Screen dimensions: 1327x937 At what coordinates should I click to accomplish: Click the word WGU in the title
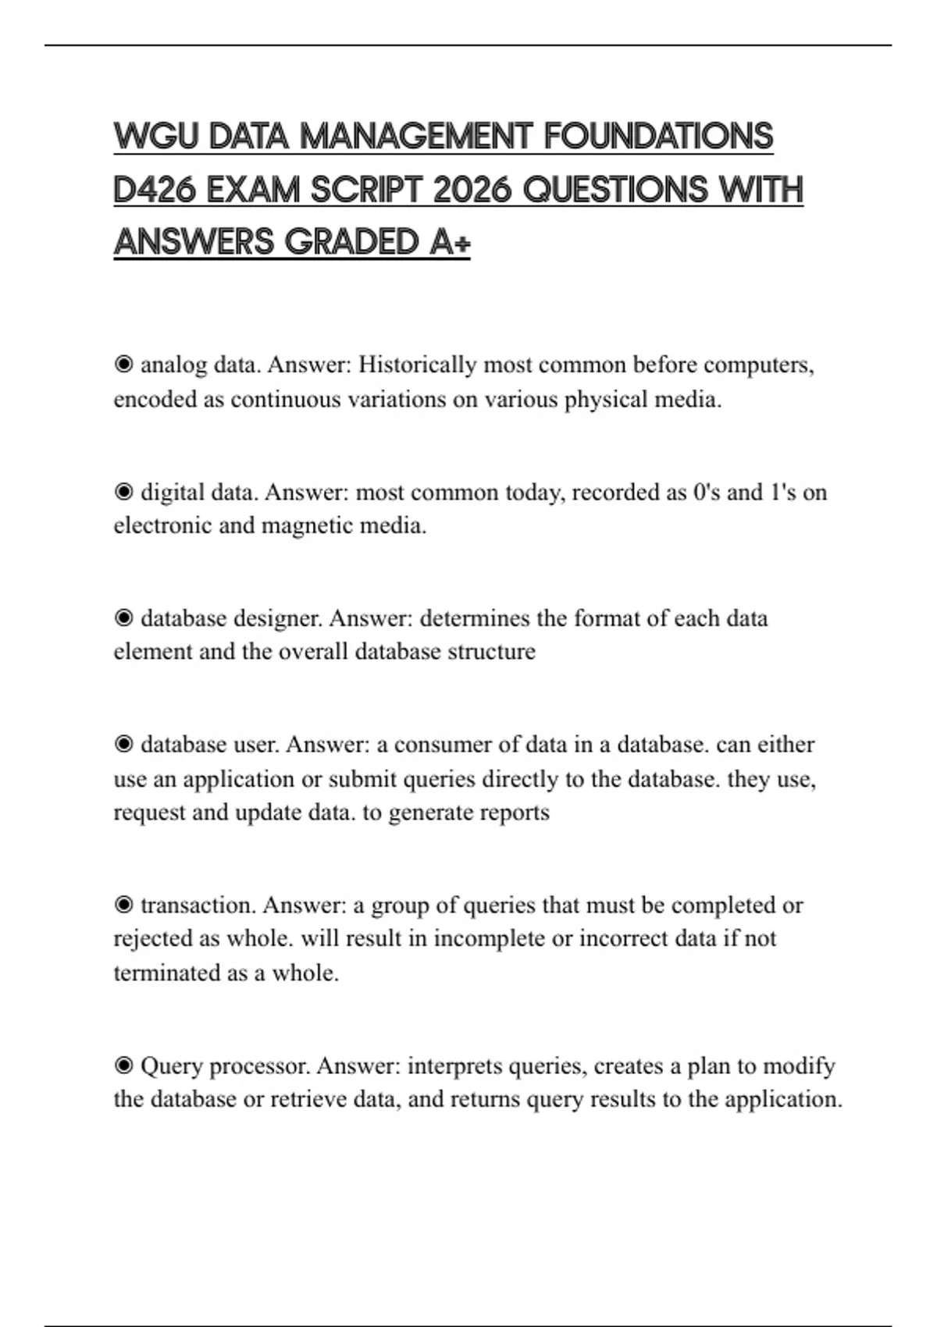click(155, 137)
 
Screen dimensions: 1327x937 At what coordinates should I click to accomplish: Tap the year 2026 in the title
click(471, 190)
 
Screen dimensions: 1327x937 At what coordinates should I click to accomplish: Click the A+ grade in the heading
click(450, 242)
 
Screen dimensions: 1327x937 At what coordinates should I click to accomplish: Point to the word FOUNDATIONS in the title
click(657, 137)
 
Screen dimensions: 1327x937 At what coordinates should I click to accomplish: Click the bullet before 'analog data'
click(123, 365)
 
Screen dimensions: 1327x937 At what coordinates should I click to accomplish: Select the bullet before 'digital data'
click(123, 492)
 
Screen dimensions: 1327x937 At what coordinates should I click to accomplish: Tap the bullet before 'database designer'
click(123, 618)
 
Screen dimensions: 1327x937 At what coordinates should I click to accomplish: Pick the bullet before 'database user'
click(123, 745)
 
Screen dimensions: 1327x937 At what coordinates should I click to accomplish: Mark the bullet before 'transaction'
click(123, 905)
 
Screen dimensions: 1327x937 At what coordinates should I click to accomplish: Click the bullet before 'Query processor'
click(123, 1066)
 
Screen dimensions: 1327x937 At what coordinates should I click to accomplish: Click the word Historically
click(417, 365)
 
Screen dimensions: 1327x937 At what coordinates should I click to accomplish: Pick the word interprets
click(454, 1066)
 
